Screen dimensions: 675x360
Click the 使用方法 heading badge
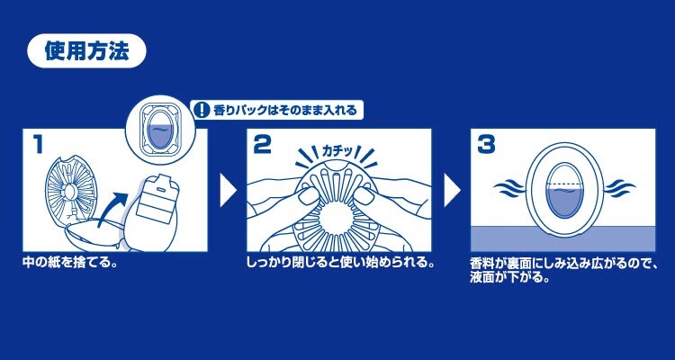[86, 50]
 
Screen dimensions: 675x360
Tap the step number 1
[39, 146]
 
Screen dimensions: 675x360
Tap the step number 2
[262, 146]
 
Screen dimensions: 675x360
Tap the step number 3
[486, 146]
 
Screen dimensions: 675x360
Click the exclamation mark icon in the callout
[199, 110]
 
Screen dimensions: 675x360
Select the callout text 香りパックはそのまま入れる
[285, 111]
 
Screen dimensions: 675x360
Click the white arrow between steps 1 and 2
[228, 190]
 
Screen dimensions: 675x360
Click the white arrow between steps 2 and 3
[452, 190]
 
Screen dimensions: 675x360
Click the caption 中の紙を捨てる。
[70, 262]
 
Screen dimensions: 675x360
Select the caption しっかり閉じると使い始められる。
[339, 262]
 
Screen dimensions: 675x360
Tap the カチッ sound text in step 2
[337, 151]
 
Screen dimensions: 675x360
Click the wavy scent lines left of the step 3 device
[509, 188]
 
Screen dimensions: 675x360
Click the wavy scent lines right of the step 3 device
[620, 188]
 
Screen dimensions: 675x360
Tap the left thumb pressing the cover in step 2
[308, 196]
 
